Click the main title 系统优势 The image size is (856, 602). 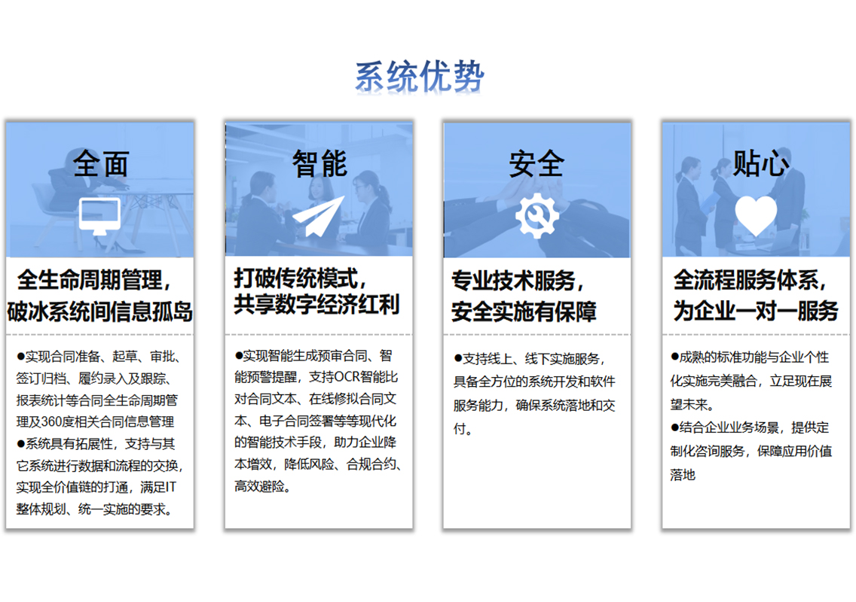click(x=419, y=76)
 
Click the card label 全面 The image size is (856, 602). click(x=101, y=163)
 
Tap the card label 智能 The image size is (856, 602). click(x=319, y=163)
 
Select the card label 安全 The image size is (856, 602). click(x=537, y=163)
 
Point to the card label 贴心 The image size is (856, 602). click(x=760, y=163)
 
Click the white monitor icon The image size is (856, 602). click(x=99, y=216)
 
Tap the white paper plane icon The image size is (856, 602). click(x=319, y=216)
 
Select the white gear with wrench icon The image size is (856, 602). click(x=537, y=216)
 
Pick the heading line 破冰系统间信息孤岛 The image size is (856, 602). click(x=100, y=312)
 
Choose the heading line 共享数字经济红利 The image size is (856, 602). click(x=316, y=304)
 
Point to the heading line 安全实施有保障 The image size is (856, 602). click(x=524, y=312)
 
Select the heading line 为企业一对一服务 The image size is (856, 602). click(x=756, y=311)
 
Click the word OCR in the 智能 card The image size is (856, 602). click(x=347, y=377)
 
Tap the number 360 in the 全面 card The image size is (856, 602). click(x=53, y=421)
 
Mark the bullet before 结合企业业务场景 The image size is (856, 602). click(x=674, y=427)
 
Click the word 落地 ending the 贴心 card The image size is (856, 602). click(x=683, y=474)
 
